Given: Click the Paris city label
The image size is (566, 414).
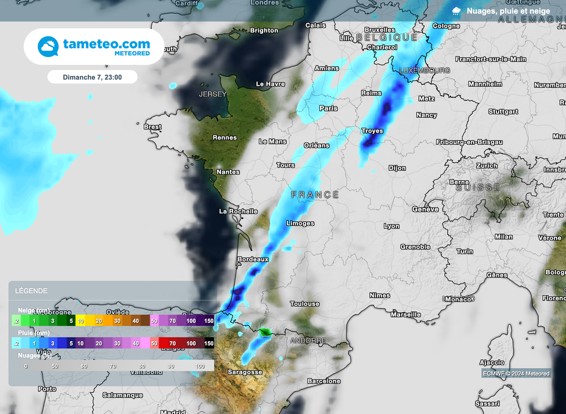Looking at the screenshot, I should [x=328, y=108].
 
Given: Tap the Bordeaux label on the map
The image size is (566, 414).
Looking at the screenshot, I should [x=253, y=259].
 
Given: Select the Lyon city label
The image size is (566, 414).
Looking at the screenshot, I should [x=391, y=226].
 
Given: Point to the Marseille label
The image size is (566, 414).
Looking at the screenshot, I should [x=406, y=315].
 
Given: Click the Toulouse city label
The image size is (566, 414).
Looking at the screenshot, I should [x=305, y=304].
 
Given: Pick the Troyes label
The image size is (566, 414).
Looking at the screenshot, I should [x=372, y=131].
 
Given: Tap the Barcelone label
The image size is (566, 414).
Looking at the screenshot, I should [x=324, y=381].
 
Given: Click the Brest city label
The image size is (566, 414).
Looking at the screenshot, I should [x=153, y=127].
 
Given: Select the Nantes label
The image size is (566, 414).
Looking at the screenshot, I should [x=228, y=172].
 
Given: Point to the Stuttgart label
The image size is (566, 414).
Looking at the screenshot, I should [x=503, y=112].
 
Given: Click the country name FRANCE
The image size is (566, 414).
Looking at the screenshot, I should [x=315, y=195].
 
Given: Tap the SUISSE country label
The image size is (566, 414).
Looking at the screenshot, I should [x=478, y=188].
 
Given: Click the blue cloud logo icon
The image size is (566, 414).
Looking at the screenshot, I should [x=48, y=46].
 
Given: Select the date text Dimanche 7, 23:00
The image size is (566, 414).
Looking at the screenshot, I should [x=92, y=77].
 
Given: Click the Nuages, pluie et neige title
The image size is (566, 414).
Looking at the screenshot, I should [x=508, y=11].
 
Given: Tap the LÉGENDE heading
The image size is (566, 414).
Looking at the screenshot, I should [x=31, y=291].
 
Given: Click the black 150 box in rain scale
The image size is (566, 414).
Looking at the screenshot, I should [x=208, y=343].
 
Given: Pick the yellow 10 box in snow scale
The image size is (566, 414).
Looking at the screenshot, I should [x=80, y=321].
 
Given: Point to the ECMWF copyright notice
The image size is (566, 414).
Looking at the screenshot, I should [x=516, y=374].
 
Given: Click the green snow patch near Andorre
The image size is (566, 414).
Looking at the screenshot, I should [x=266, y=332].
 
